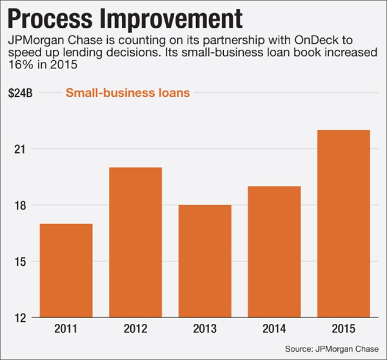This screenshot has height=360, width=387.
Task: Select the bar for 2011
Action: (66, 270)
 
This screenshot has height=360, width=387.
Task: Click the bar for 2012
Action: (135, 242)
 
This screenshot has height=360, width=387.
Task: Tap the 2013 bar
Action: (205, 261)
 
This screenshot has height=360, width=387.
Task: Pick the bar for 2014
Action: (275, 251)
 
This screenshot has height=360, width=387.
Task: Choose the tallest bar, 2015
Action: (344, 223)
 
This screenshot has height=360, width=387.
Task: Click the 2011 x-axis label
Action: (66, 330)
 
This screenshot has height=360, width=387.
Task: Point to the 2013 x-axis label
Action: (205, 330)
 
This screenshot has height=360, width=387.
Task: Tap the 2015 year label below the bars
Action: (344, 330)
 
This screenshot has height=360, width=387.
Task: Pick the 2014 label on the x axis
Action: (275, 330)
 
